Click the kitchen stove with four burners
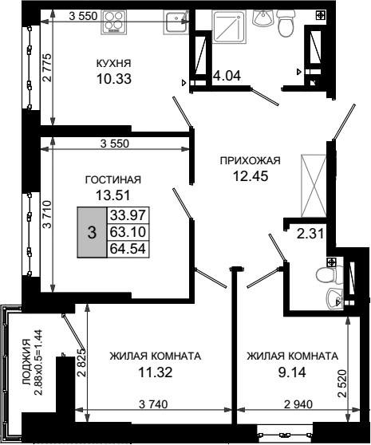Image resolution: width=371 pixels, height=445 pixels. [x=113, y=22]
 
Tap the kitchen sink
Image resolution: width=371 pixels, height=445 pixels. [x=176, y=22]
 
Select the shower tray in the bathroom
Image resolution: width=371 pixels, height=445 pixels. [x=229, y=27]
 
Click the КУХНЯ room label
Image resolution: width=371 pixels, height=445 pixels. [x=113, y=64]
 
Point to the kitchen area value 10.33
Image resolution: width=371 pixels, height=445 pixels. [x=114, y=79]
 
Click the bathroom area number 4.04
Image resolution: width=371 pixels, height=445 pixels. [x=227, y=76]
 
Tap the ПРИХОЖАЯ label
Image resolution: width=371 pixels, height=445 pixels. [x=251, y=160]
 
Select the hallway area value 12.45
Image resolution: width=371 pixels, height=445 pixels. [x=251, y=176]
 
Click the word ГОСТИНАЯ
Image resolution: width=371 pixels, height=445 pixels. [x=113, y=179]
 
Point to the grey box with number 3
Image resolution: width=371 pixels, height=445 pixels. [x=92, y=232]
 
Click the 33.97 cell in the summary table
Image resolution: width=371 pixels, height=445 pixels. [x=128, y=215]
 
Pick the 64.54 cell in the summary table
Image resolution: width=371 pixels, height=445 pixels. [x=128, y=249]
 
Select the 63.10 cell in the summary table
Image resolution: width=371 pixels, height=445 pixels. [x=128, y=232]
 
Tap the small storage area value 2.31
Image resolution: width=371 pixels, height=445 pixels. [x=310, y=234]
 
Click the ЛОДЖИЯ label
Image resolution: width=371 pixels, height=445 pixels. [x=26, y=362]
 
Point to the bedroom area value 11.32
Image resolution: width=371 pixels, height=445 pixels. [x=155, y=372]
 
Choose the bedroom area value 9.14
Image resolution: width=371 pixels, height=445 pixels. [x=292, y=372]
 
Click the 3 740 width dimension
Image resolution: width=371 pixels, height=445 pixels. [x=153, y=404]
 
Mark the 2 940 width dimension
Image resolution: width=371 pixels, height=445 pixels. [x=298, y=404]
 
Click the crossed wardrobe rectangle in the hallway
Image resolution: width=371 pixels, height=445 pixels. [x=314, y=186]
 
